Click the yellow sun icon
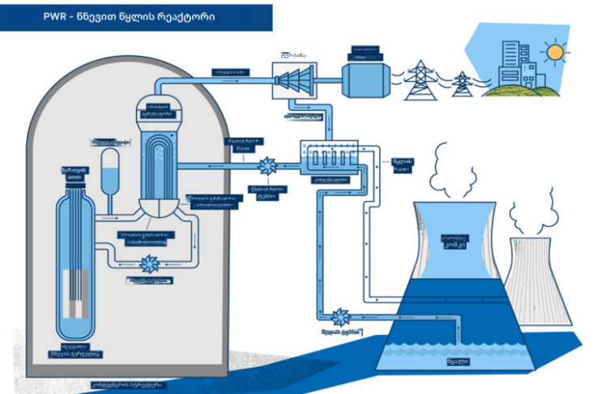tap(555, 54)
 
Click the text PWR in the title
tap(45, 16)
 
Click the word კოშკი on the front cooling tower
tap(457, 243)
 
